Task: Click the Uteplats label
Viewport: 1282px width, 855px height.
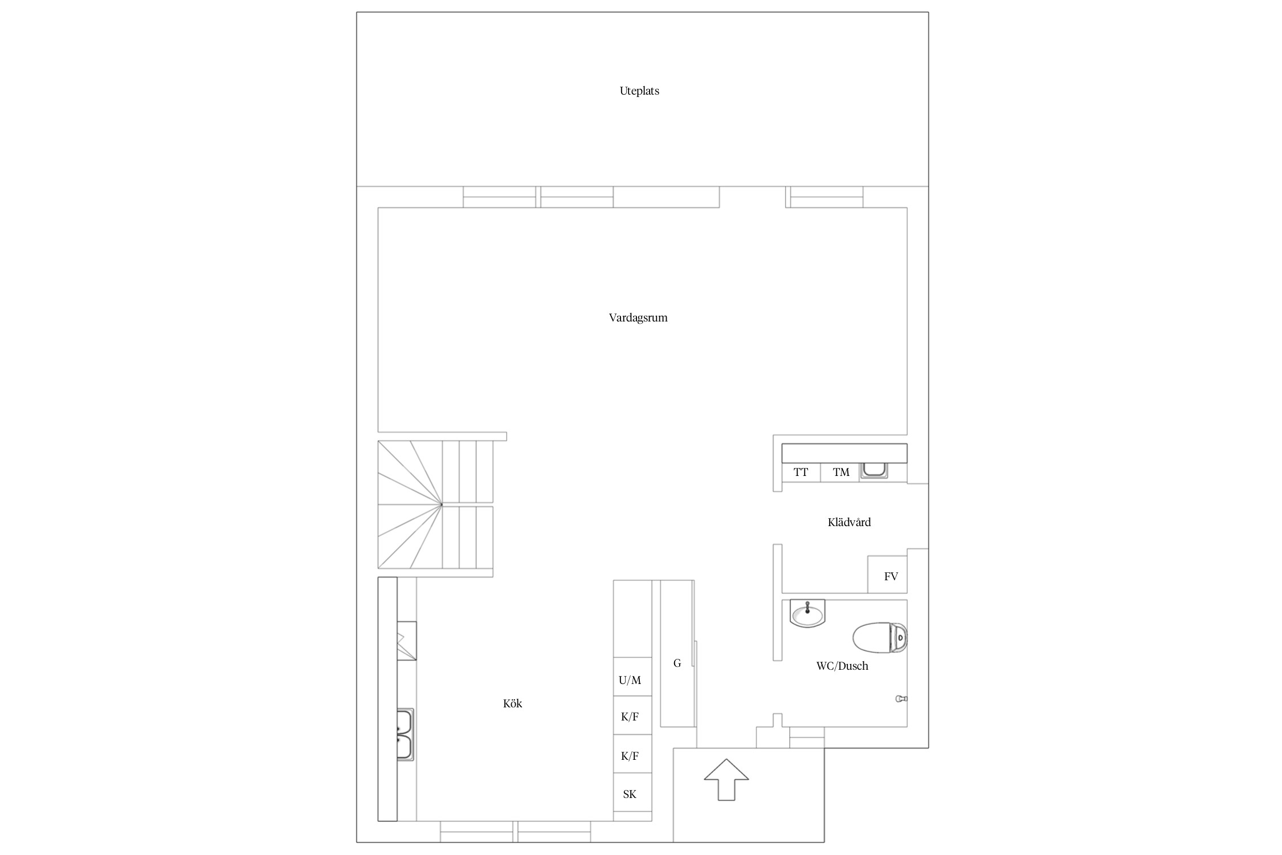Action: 639,91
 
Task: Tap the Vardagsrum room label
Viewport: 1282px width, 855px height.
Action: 638,318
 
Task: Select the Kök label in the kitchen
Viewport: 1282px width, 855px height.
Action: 513,703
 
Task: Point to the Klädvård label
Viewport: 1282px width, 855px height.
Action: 849,522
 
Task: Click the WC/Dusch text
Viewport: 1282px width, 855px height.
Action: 842,666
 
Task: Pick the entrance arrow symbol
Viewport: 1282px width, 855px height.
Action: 726,779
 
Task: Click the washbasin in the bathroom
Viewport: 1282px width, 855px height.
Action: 808,613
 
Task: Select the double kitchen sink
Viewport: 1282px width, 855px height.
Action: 405,734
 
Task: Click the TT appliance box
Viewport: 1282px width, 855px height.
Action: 801,473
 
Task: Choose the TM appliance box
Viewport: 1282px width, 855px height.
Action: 840,473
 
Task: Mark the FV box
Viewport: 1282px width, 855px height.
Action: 887,575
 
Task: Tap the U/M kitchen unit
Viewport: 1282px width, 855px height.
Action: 632,677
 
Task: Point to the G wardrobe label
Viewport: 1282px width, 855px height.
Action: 677,663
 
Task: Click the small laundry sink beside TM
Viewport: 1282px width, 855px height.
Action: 873,471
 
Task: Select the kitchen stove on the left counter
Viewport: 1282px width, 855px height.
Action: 406,641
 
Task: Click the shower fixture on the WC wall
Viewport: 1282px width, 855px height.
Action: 901,699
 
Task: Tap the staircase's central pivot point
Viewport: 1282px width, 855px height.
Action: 442,504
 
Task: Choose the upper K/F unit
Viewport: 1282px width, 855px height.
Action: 632,715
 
